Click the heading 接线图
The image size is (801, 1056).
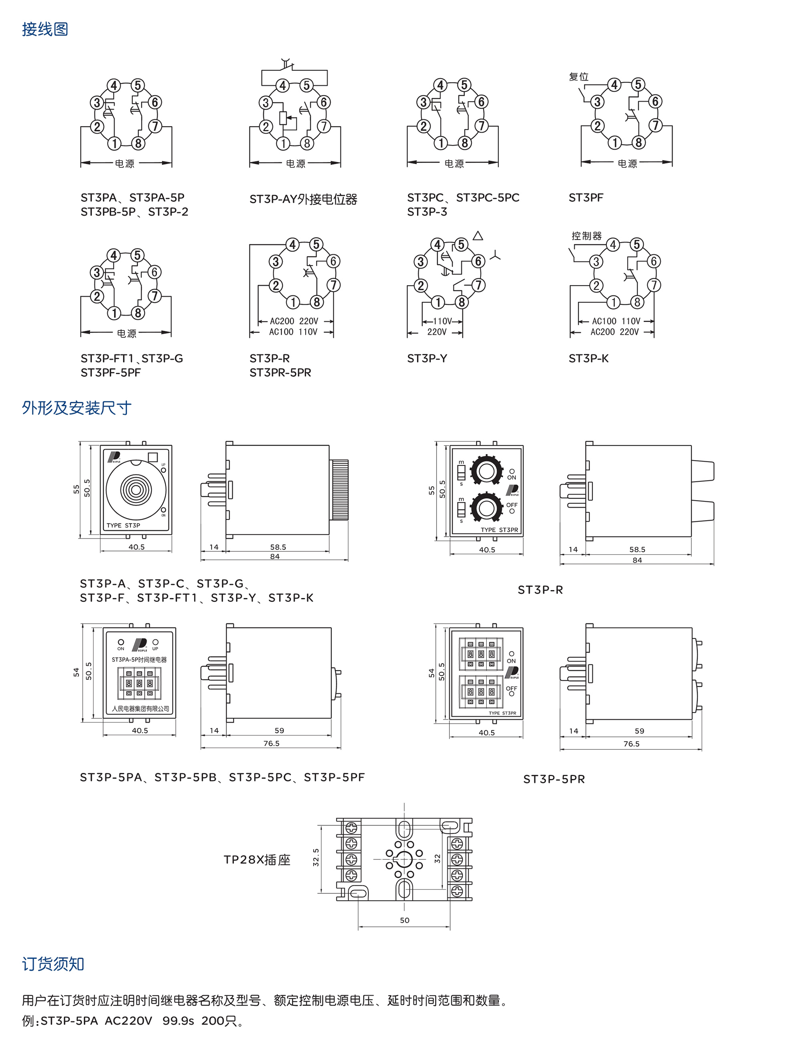pyautogui.click(x=45, y=30)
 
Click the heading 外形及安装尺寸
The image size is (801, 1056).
pyautogui.click(x=76, y=408)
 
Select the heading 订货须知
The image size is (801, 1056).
pyautogui.click(x=53, y=964)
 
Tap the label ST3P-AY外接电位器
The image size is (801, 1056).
pyautogui.click(x=303, y=199)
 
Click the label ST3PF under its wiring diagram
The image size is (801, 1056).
pyautogui.click(x=586, y=198)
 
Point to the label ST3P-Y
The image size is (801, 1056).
pyautogui.click(x=427, y=358)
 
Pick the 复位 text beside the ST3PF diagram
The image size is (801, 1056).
pyautogui.click(x=579, y=77)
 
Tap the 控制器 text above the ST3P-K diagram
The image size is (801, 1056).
pyautogui.click(x=586, y=236)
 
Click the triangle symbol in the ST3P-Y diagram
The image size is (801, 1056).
pyautogui.click(x=478, y=236)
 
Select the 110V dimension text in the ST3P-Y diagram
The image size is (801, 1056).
pyautogui.click(x=442, y=321)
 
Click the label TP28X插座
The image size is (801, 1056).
pyautogui.click(x=257, y=860)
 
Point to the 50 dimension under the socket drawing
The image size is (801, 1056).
pyautogui.click(x=405, y=920)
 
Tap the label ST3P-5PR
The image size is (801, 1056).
pyautogui.click(x=554, y=779)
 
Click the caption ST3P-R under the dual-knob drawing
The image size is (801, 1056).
pyautogui.click(x=540, y=590)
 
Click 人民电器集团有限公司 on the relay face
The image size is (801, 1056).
pyautogui.click(x=140, y=708)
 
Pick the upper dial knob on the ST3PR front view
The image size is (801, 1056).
pyautogui.click(x=487, y=471)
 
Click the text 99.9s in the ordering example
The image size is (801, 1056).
pyautogui.click(x=178, y=1021)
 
